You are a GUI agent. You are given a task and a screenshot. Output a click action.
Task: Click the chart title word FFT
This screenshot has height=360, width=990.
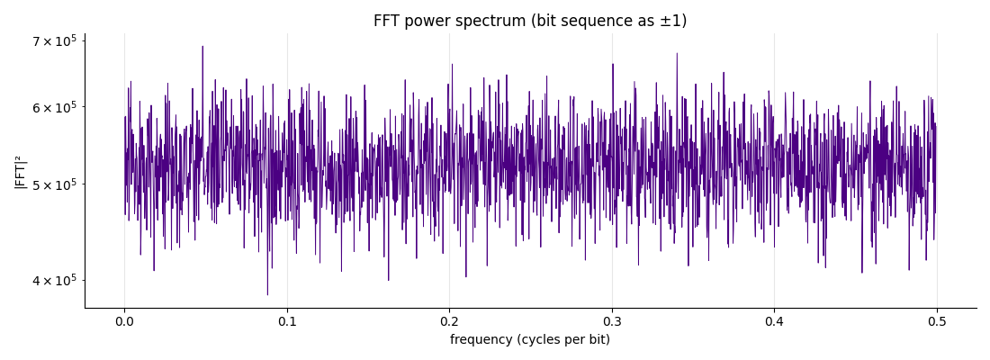point(386,21)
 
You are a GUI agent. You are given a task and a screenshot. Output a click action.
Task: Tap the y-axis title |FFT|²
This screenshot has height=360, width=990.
point(20,171)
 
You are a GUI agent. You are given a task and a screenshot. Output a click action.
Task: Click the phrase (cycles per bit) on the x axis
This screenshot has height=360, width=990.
point(562,340)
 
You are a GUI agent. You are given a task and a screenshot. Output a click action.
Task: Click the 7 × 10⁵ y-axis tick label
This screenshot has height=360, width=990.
point(54,41)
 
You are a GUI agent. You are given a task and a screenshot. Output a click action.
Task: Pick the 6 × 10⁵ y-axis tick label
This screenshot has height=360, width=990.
point(54,107)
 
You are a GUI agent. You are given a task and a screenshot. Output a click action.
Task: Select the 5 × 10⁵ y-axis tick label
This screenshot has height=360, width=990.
point(54,184)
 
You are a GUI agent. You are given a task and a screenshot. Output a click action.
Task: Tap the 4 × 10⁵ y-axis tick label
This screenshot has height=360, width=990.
point(54,280)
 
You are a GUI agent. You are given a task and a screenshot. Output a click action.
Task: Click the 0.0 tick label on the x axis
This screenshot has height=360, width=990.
point(124,320)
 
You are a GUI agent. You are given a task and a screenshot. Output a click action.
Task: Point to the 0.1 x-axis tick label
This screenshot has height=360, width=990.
point(287,320)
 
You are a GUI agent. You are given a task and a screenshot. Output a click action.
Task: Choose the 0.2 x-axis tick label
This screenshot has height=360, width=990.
point(449,320)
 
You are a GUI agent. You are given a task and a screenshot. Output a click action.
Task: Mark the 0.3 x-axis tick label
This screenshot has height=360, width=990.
point(612,320)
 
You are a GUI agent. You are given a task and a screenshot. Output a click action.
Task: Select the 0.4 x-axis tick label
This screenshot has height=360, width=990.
point(775,320)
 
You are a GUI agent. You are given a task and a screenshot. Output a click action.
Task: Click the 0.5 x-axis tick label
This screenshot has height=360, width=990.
point(937,320)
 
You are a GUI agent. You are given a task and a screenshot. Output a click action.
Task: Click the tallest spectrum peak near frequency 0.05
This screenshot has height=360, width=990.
point(202,47)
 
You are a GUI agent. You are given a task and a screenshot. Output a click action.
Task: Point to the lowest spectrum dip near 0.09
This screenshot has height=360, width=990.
point(267,293)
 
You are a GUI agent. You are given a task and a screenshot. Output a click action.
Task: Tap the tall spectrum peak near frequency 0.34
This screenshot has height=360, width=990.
point(677,54)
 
